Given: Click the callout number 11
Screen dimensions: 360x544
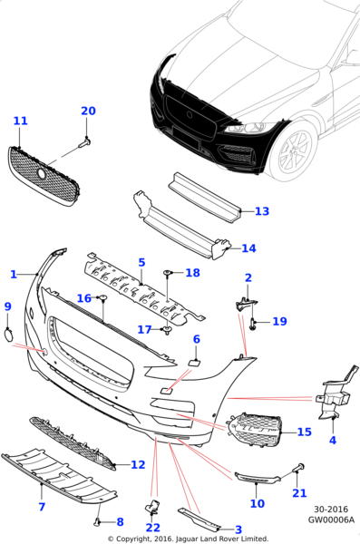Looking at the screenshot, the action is coord(20,121).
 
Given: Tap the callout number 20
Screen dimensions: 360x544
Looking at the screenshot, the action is coord(88,111).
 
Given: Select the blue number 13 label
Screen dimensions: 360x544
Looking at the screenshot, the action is coord(262,211).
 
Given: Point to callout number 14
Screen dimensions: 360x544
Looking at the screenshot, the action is coord(248,248).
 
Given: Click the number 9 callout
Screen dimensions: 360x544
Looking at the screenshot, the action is coord(7,306).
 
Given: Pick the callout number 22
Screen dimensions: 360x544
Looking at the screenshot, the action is coord(152,528).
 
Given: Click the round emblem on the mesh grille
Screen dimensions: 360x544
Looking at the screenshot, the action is coord(42,173).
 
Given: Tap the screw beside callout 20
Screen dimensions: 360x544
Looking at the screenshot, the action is coord(84,142).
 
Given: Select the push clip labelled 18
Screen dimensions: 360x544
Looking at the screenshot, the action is coord(168,274).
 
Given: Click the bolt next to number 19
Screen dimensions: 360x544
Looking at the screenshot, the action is coord(253,323).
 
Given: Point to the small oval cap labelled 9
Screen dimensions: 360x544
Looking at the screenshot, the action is coord(8,335).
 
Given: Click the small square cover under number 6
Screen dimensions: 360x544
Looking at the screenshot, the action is coord(193,363).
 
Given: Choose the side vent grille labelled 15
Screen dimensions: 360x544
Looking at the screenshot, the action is coord(255,430).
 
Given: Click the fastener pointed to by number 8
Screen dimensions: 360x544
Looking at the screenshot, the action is coord(98,520).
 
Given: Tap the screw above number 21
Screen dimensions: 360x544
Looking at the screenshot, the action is coord(299,467).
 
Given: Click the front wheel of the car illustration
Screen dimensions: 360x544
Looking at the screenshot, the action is coord(295,152).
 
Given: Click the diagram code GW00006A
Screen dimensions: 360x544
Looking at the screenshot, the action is coord(331,520).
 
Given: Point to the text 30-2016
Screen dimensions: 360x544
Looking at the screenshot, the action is coord(331,510).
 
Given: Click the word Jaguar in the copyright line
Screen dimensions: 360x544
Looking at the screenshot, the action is coord(187,539).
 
